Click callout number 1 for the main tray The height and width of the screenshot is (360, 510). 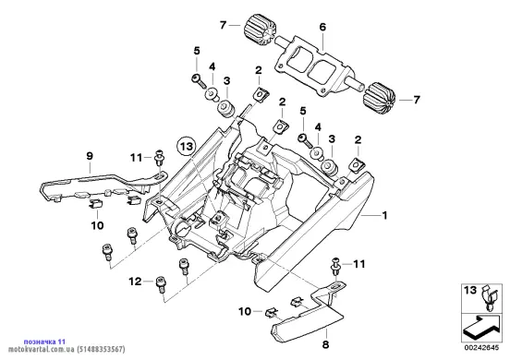pyautogui.click(x=384, y=215)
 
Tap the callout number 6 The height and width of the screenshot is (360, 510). pyautogui.click(x=322, y=27)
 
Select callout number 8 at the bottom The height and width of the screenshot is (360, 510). pyautogui.click(x=325, y=344)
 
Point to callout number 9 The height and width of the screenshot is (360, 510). pyautogui.click(x=90, y=156)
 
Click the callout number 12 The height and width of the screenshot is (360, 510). pyautogui.click(x=135, y=282)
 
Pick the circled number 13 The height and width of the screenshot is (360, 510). pyautogui.click(x=187, y=147)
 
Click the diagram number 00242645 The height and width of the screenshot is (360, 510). pyautogui.click(x=481, y=348)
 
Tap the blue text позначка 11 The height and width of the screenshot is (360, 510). pyautogui.click(x=44, y=342)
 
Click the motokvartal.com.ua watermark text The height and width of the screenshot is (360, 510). pyautogui.click(x=42, y=349)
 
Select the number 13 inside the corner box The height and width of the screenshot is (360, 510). pyautogui.click(x=470, y=290)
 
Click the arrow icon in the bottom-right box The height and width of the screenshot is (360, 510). pyautogui.click(x=481, y=326)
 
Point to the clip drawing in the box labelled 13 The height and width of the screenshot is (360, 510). pyautogui.click(x=490, y=297)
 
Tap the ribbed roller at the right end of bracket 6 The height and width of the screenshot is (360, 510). pyautogui.click(x=379, y=98)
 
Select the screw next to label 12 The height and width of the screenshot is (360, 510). pyautogui.click(x=161, y=284)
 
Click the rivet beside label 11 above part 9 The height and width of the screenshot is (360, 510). pyautogui.click(x=159, y=158)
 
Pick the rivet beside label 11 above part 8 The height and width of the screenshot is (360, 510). pyautogui.click(x=335, y=266)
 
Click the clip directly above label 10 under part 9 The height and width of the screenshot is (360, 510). pyautogui.click(x=96, y=204)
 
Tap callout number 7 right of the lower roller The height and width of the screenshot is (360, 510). pyautogui.click(x=417, y=100)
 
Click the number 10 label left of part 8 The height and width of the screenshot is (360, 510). pyautogui.click(x=245, y=312)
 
